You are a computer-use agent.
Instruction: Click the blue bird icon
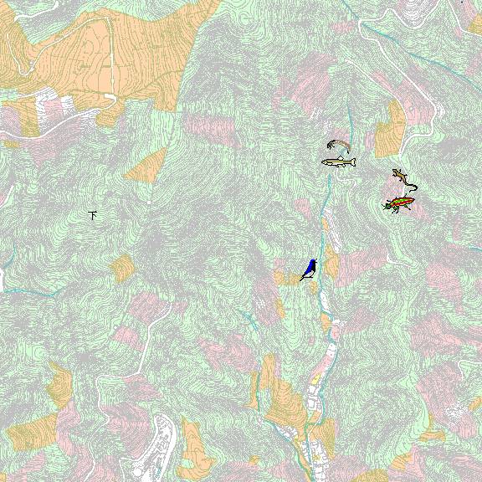pyautogui.click(x=309, y=269)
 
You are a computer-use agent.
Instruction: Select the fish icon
pyautogui.click(x=339, y=162)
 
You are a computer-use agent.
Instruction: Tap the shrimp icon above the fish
pyautogui.click(x=337, y=146)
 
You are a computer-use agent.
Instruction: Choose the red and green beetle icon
pyautogui.click(x=400, y=203)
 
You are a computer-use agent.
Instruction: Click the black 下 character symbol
pyautogui.click(x=94, y=215)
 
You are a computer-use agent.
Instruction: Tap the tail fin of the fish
pyautogui.click(x=352, y=162)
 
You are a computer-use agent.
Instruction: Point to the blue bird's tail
pyautogui.click(x=303, y=277)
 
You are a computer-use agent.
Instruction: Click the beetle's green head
pyautogui.click(x=390, y=205)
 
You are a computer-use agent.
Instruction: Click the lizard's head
pyautogui.click(x=395, y=172)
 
